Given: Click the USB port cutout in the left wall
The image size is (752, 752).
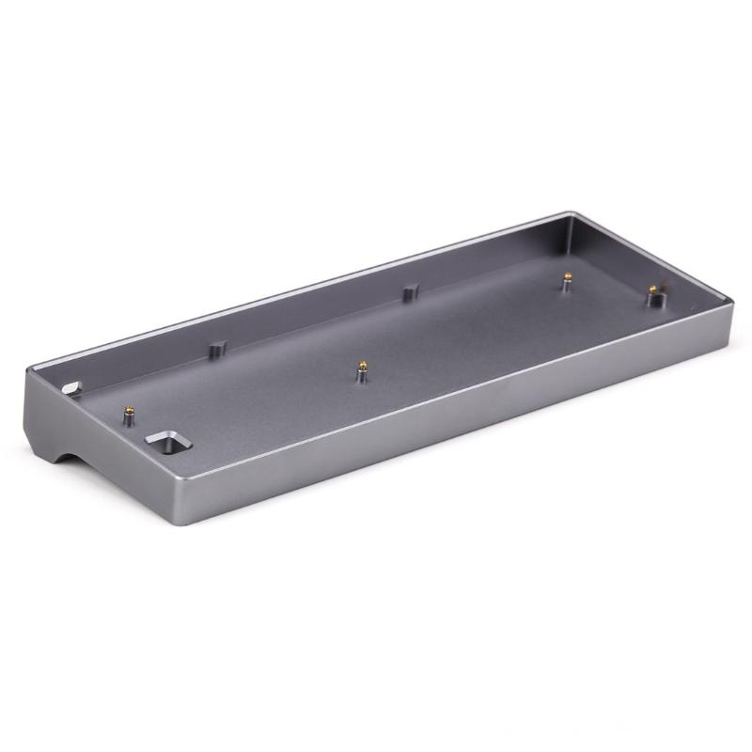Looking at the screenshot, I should (70, 386).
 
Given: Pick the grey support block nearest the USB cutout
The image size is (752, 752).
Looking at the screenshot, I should (220, 346).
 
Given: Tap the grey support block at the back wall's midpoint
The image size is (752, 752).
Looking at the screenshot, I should (409, 293).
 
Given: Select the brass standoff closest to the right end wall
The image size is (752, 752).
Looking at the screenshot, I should (650, 291).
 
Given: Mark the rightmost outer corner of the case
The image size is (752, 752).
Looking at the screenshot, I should (731, 303).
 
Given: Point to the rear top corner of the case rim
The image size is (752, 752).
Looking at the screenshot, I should (572, 213).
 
